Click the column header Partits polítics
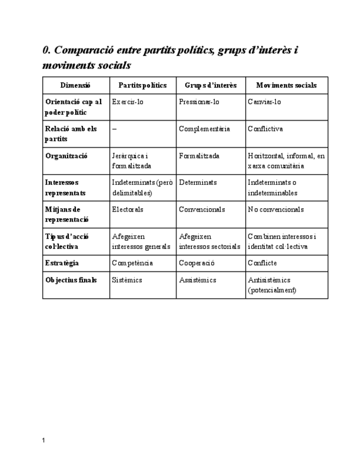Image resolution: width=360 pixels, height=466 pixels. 142,85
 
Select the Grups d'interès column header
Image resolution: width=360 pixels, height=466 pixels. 211,85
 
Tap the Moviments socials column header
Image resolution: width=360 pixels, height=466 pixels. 286,85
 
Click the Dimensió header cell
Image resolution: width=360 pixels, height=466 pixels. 76,85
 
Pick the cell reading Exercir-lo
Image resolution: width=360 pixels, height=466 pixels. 128,102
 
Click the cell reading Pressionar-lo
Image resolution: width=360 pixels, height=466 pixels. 199,102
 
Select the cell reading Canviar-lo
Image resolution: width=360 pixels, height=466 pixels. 264,102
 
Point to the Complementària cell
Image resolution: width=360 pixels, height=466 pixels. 204,129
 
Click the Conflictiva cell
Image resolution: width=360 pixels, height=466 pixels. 265,129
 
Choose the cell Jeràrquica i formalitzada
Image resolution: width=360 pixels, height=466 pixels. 131,160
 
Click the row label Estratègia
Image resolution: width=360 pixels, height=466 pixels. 62,263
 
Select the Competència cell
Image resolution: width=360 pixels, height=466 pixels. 132,263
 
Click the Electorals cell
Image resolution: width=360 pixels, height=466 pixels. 128,209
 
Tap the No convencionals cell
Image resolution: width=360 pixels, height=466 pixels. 276,209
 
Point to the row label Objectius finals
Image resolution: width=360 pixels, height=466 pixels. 71,280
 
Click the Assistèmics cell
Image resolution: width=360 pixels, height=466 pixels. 197,280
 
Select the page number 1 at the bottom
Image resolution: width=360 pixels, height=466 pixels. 44,440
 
